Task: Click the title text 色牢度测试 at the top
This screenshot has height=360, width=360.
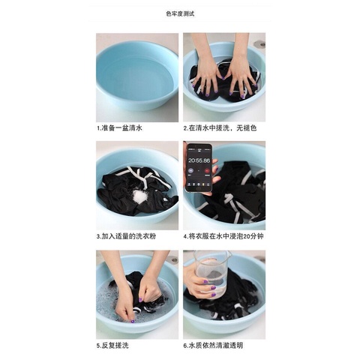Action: pos(180,13)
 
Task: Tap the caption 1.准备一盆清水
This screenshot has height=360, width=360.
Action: pos(120,127)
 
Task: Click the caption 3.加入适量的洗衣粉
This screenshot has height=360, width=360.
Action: pos(128,236)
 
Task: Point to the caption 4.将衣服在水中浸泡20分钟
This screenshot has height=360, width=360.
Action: pos(223,236)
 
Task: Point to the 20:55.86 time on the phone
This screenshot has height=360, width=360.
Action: pos(199,160)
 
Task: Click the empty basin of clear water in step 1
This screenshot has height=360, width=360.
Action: pos(136,75)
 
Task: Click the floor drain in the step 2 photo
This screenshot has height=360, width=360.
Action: pos(259,44)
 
